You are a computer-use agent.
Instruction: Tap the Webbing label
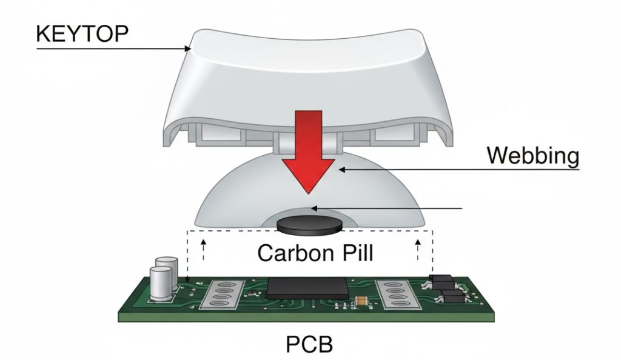pyautogui.click(x=533, y=156)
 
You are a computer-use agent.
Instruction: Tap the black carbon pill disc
pyautogui.click(x=308, y=225)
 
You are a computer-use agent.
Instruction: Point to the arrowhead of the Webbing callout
pyautogui.click(x=340, y=170)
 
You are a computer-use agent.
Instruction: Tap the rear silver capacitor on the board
pyautogui.click(x=166, y=265)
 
